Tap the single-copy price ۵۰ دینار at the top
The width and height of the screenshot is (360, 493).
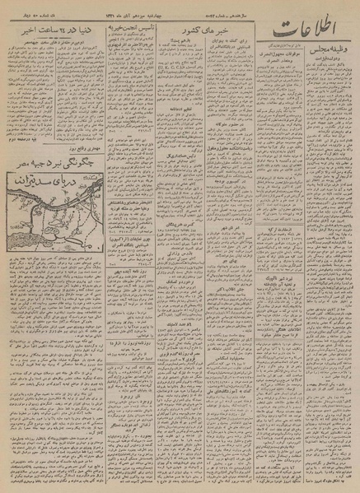pos(33,8)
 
